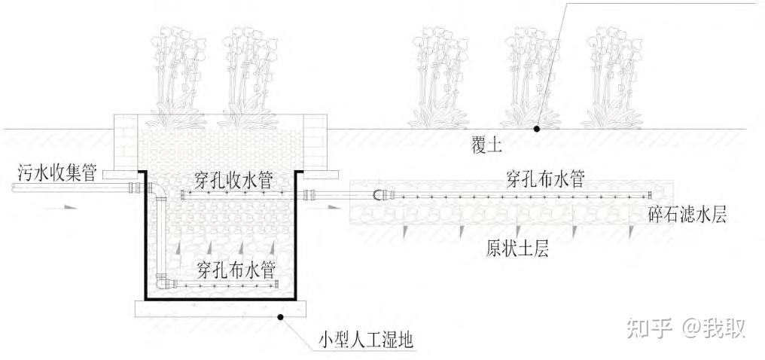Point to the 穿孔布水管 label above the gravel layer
pyautogui.click(x=543, y=179)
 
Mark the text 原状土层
pyautogui.click(x=517, y=249)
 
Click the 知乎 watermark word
pyautogui.click(x=646, y=328)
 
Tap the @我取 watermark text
pyautogui.click(x=713, y=328)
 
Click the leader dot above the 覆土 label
pyautogui.click(x=537, y=129)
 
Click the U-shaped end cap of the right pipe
pyautogui.click(x=379, y=196)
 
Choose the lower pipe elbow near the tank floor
pyautogui.click(x=162, y=282)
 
